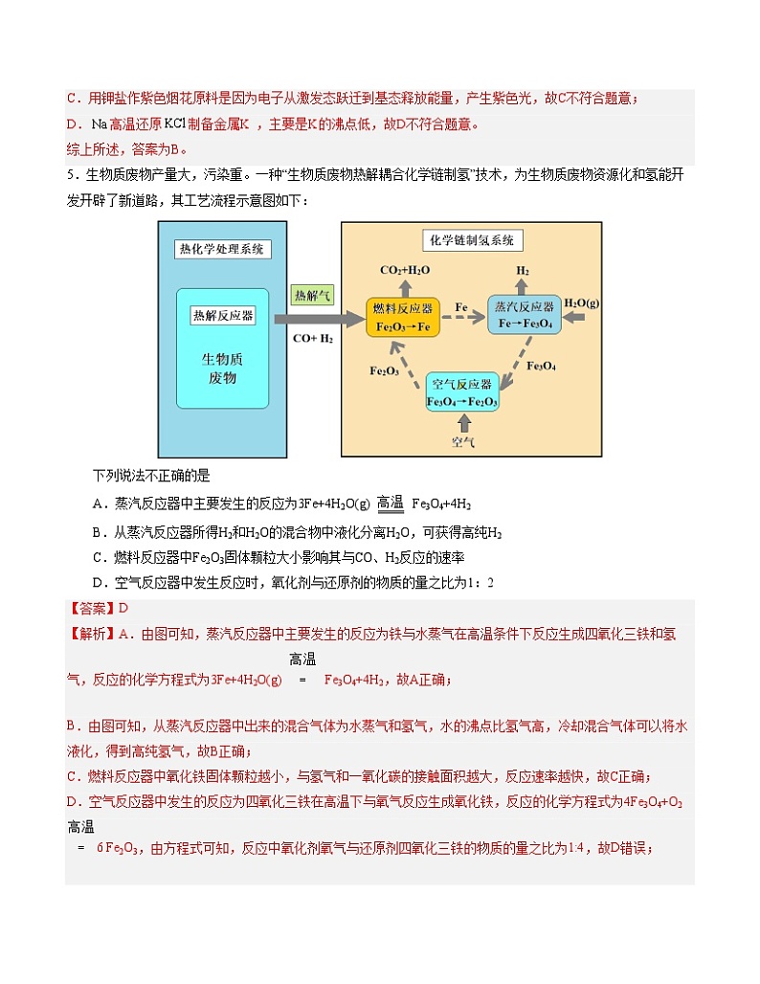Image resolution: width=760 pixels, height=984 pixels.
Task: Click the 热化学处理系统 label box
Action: click(x=223, y=250)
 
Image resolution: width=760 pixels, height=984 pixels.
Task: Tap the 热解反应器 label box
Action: click(x=223, y=315)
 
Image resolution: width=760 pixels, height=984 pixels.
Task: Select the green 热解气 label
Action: click(x=313, y=296)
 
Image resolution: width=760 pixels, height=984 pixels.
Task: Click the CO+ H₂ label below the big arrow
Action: click(x=313, y=338)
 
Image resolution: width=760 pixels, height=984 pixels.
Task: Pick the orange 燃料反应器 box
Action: click(x=402, y=317)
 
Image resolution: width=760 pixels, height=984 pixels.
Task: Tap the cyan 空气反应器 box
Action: click(x=462, y=392)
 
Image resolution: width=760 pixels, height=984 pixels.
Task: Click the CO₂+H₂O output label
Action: click(x=405, y=270)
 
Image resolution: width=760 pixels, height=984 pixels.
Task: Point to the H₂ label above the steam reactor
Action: click(x=523, y=270)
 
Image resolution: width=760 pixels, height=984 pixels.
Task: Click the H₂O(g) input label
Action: click(x=581, y=303)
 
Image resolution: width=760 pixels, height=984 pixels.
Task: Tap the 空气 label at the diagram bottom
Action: click(x=463, y=442)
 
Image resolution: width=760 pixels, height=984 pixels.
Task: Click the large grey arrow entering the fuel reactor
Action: click(x=319, y=318)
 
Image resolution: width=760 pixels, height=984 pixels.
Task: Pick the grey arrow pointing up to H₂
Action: click(x=523, y=286)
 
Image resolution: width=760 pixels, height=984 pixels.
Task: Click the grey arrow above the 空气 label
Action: click(x=463, y=422)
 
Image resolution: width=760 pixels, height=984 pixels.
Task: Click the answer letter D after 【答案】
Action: click(x=123, y=608)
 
